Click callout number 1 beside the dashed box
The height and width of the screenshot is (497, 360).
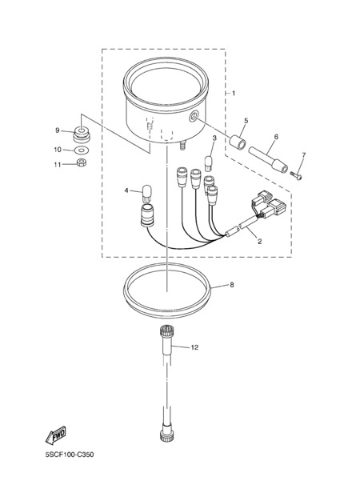234,93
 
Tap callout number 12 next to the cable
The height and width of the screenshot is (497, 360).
194,347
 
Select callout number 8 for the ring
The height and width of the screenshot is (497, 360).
232,285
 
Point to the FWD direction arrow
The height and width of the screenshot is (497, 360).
56,435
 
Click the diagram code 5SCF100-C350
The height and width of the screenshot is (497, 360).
70,455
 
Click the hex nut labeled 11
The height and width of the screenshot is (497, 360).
82,162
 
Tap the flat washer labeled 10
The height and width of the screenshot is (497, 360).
81,150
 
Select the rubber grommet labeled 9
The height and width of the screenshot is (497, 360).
82,134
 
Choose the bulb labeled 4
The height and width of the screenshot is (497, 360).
146,194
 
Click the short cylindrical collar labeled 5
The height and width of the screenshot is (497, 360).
238,142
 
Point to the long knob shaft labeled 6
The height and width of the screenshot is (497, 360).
268,159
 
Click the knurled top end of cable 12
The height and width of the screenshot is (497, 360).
166,332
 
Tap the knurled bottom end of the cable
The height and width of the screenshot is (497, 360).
166,437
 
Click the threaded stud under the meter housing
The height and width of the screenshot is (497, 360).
183,146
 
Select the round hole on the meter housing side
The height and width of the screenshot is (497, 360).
194,116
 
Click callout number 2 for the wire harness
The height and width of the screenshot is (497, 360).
259,242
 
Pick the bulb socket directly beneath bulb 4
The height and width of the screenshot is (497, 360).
147,215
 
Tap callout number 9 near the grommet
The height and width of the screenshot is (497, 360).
58,130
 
